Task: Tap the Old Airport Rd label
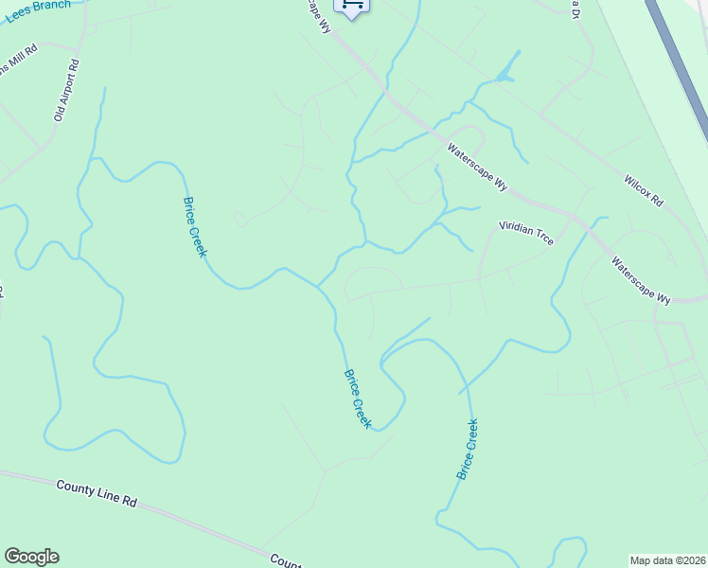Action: coord(67,90)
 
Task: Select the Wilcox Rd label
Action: coord(644,190)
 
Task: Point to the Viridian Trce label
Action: coord(526,233)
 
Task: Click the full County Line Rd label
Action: coord(97,493)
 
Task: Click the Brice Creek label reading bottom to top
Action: coord(467,449)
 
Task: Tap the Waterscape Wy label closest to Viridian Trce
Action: coord(478,167)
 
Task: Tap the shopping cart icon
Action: coord(352,6)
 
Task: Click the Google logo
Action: coord(31,557)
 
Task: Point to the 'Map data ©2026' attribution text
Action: coord(667,560)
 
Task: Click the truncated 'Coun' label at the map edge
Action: coord(285,560)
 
